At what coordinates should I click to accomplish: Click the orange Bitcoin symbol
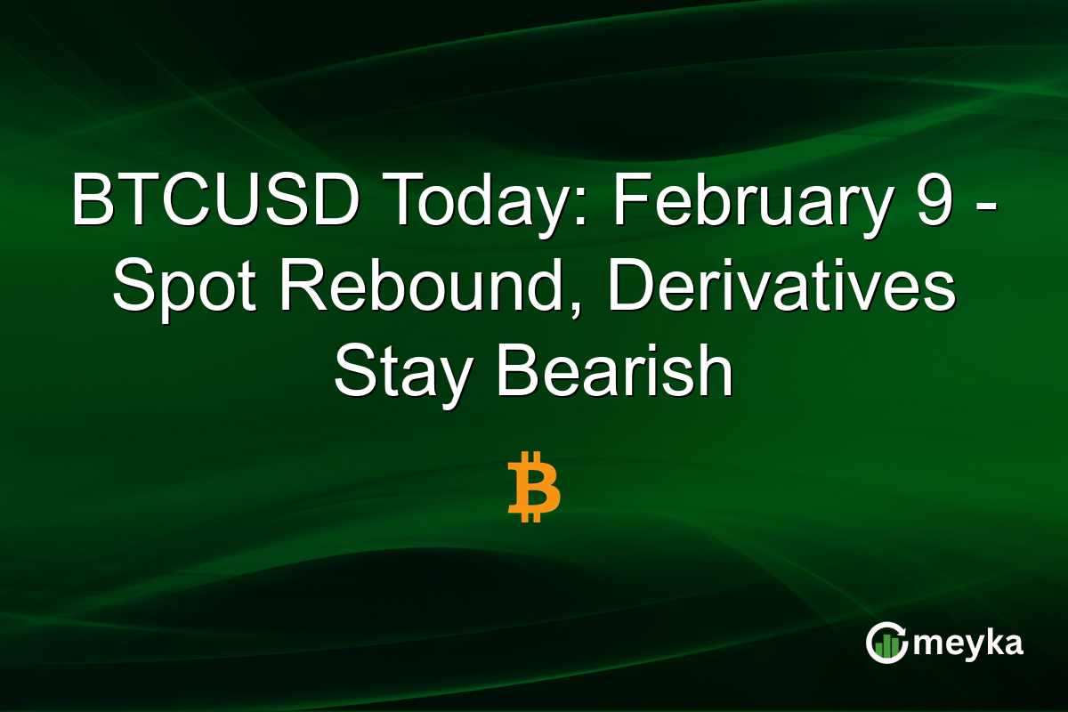533,486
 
